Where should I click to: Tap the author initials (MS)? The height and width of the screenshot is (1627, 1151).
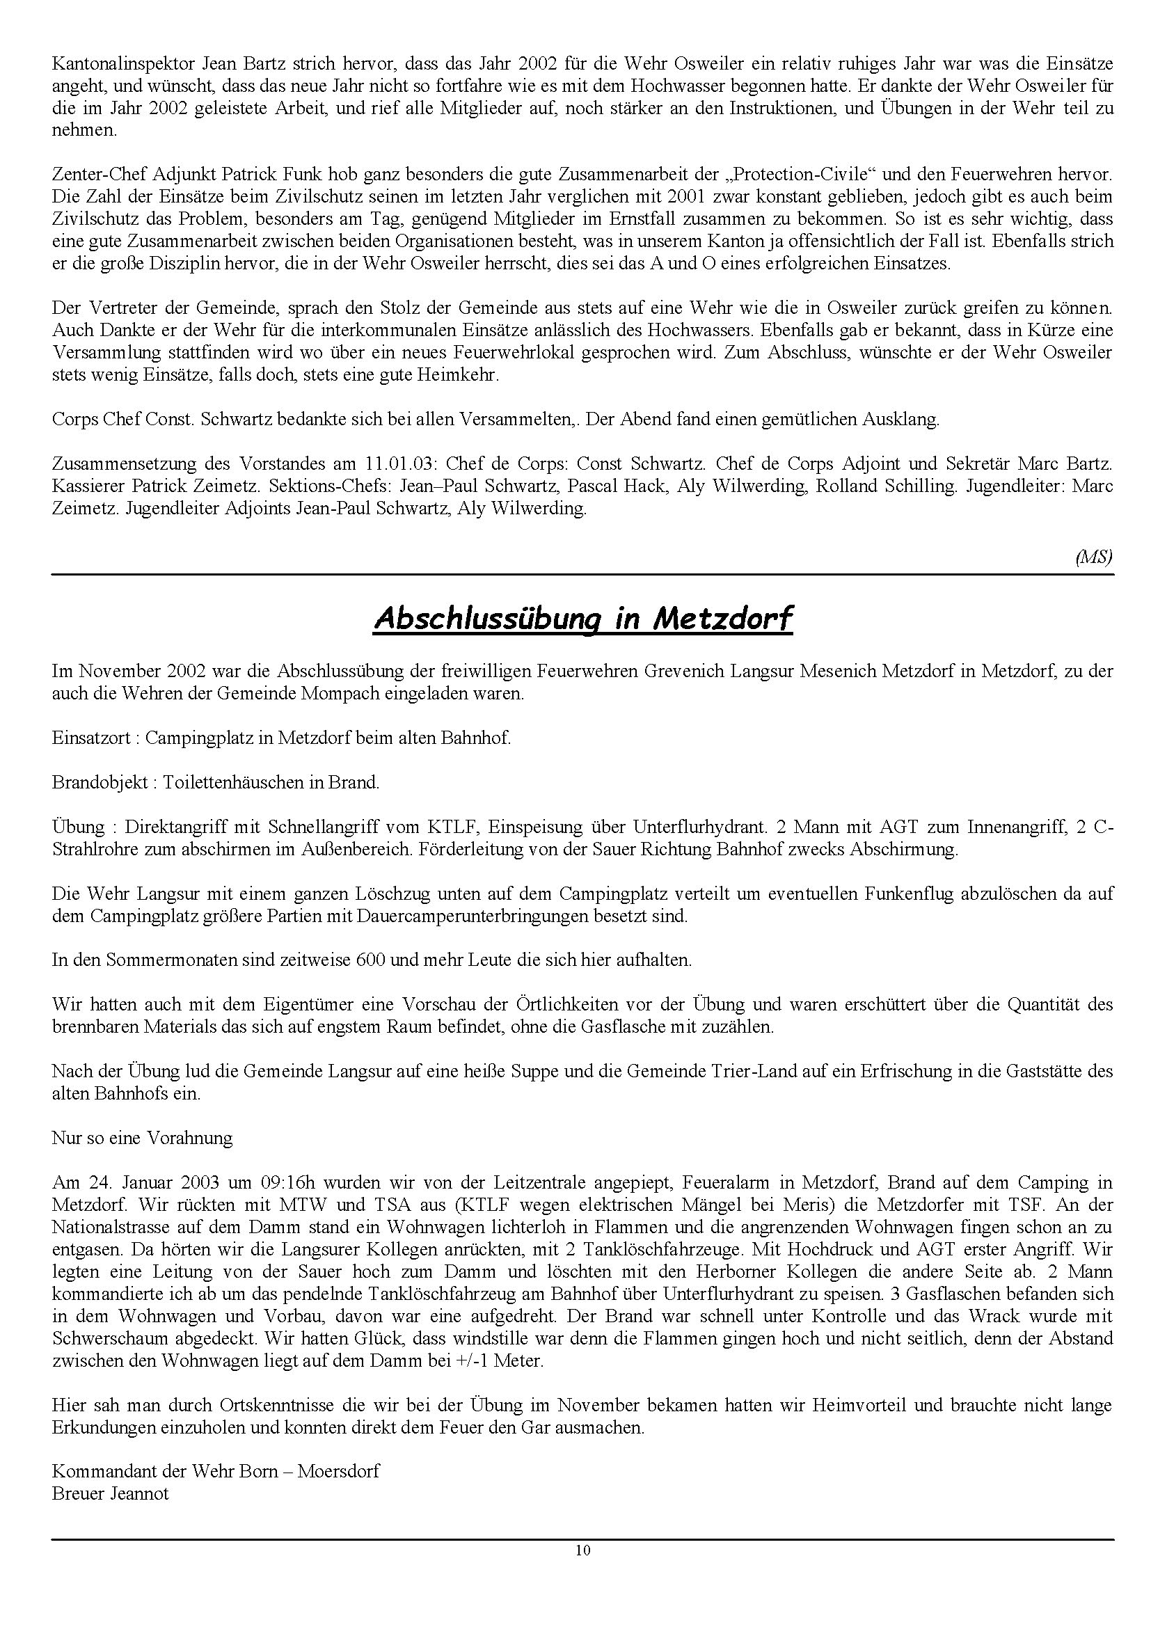[x=1094, y=557]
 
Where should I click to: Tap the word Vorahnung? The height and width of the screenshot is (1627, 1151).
[x=189, y=1138]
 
